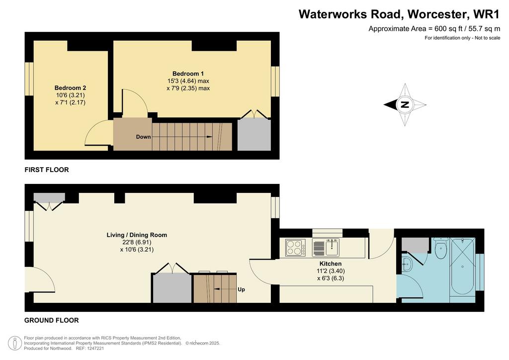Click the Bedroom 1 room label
click(188, 74)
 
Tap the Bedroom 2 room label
click(70, 88)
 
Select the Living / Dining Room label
click(137, 235)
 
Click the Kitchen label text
click(331, 264)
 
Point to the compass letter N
click(405, 104)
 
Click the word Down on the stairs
click(143, 137)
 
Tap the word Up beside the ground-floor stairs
click(241, 289)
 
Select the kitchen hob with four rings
click(295, 247)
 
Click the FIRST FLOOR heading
click(47, 170)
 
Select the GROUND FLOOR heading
click(52, 320)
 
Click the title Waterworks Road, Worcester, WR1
click(399, 14)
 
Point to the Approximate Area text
click(434, 29)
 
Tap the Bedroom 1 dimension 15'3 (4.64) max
click(188, 81)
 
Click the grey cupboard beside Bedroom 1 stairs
click(254, 135)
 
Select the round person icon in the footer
click(14, 343)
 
